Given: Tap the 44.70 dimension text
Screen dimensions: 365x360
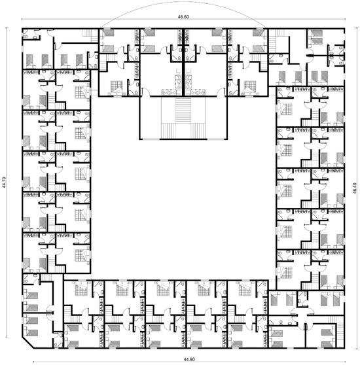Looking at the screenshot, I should [x=5, y=183].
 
